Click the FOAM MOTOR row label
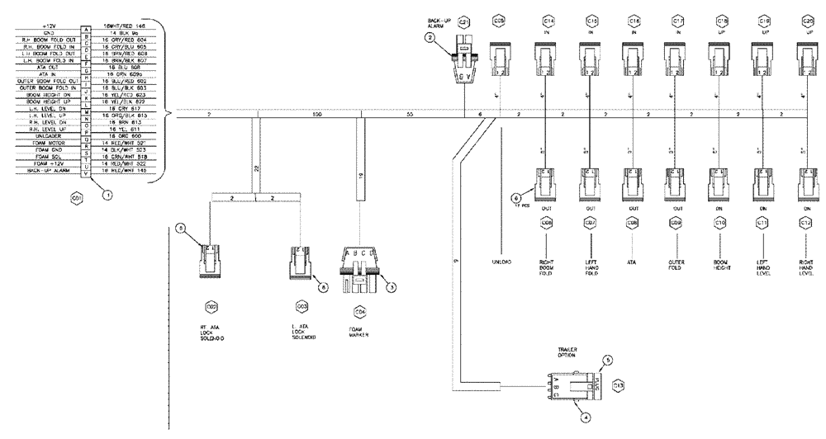pyautogui.click(x=45, y=143)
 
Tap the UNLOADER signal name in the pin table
pyautogui.click(x=45, y=136)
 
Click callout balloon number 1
pyautogui.click(x=106, y=195)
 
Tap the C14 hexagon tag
pyautogui.click(x=548, y=21)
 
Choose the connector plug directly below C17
pyautogui.click(x=676, y=62)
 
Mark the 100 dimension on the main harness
pyautogui.click(x=317, y=115)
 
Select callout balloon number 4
pyautogui.click(x=585, y=418)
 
